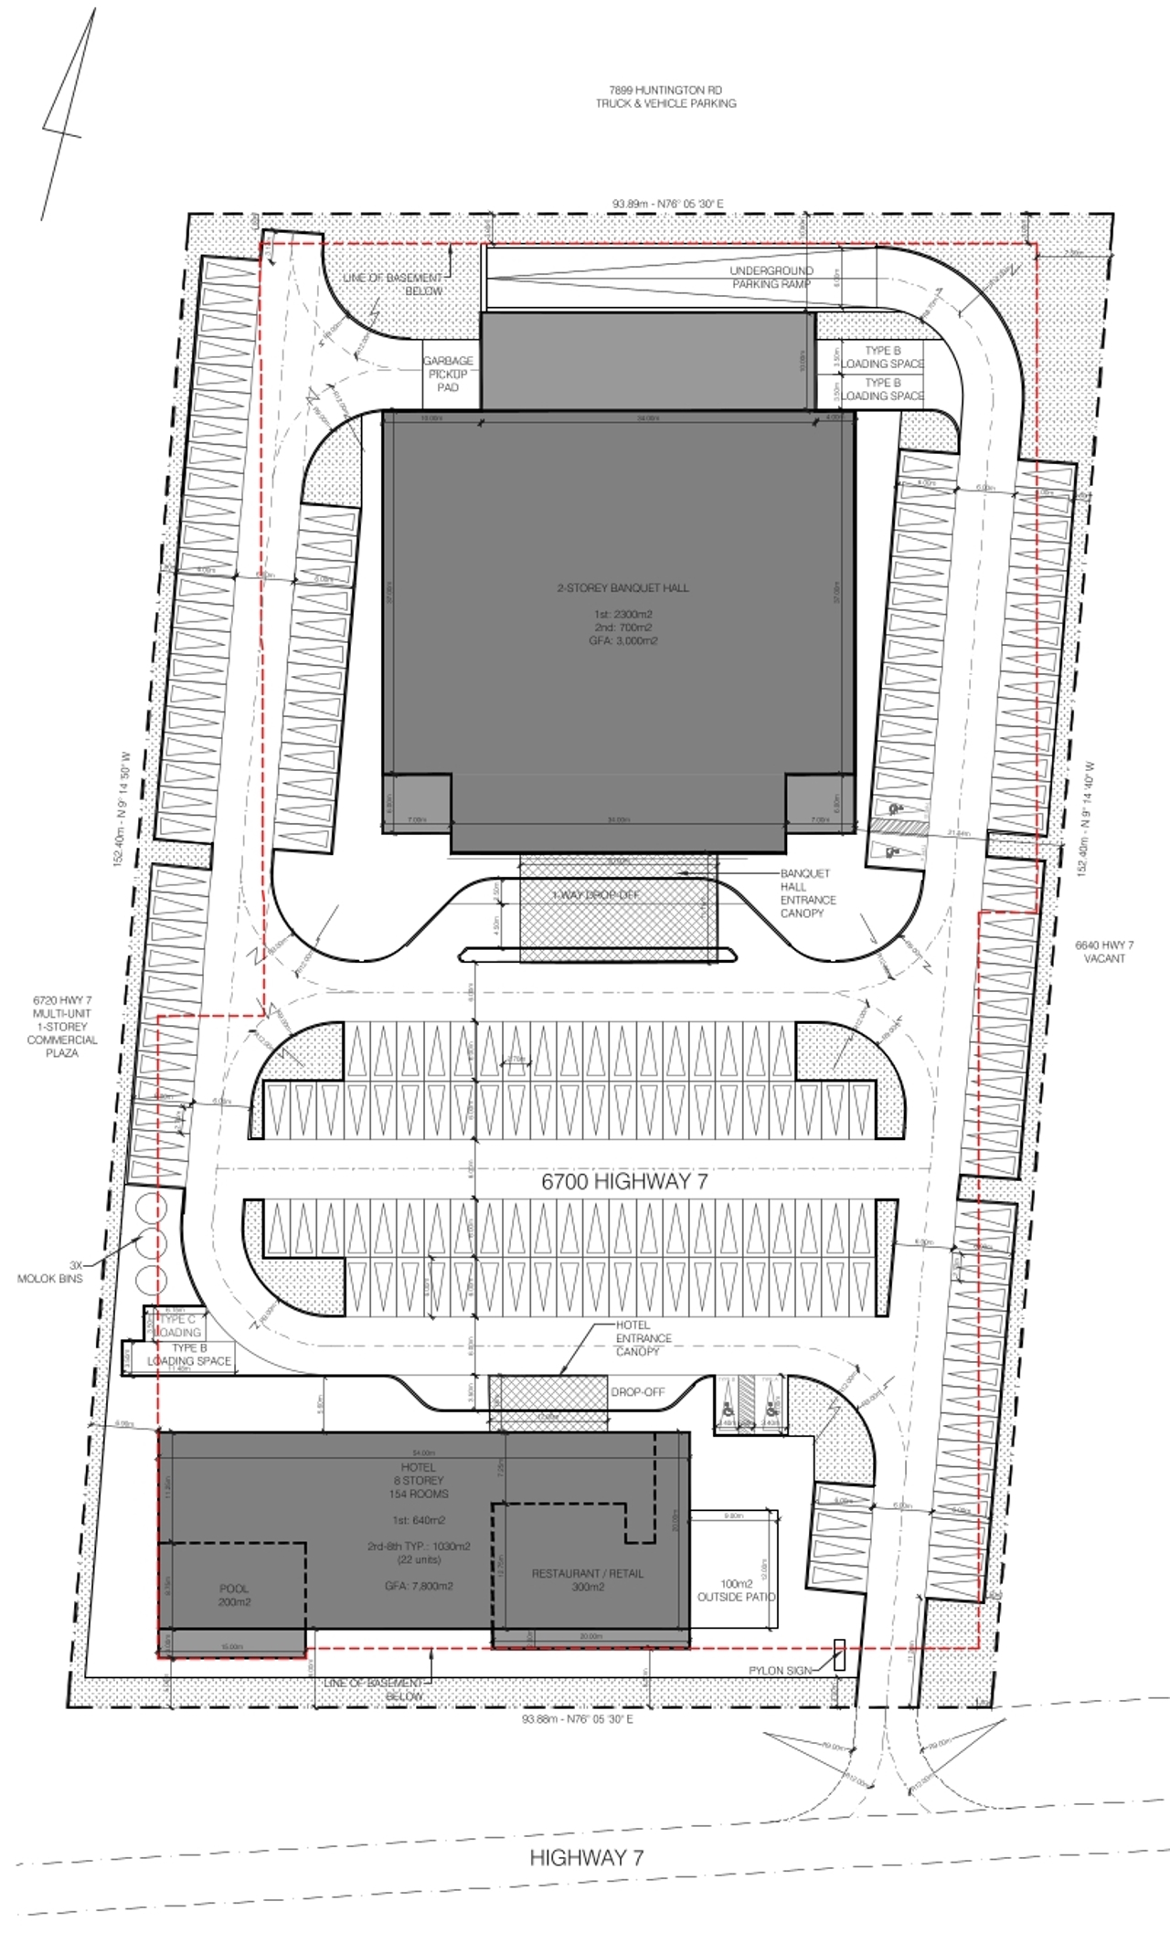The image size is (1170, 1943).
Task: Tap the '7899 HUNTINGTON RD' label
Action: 665,90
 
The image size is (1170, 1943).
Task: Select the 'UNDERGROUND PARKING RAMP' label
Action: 771,278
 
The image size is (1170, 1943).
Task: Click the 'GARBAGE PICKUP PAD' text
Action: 448,375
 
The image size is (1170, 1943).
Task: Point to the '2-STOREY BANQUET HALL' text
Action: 623,588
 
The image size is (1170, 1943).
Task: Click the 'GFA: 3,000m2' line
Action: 623,641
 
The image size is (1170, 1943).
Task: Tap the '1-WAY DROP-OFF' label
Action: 596,895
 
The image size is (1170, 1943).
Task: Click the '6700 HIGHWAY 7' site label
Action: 624,1181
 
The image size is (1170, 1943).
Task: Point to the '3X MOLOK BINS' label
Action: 50,1272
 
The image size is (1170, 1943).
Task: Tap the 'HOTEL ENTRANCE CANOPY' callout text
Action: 643,1337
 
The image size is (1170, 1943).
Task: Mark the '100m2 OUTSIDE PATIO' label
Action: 736,1590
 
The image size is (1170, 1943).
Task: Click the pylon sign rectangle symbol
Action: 839,1655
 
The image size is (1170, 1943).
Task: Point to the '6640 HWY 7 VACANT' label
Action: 1104,952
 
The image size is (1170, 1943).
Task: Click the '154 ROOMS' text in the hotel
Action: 419,1494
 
